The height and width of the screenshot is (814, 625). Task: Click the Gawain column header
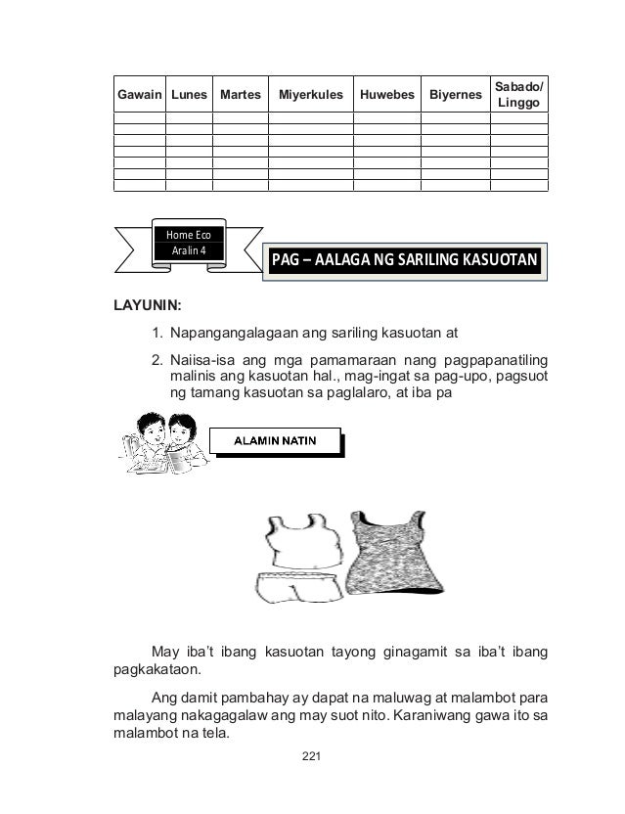point(139,96)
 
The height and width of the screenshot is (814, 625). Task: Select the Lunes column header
point(188,96)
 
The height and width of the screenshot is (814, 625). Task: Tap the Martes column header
point(241,96)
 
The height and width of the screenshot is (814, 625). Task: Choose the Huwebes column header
point(385,96)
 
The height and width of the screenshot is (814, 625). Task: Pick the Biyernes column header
point(455,96)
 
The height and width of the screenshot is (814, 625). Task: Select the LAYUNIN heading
point(150,305)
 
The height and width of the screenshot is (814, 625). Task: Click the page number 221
point(312,755)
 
